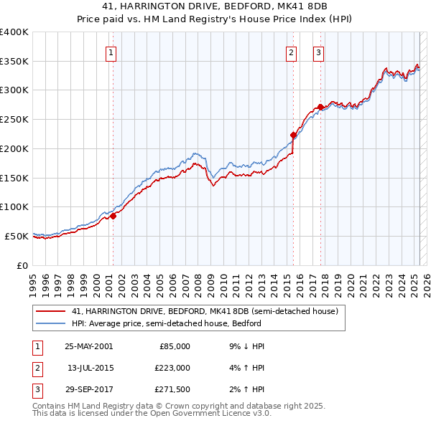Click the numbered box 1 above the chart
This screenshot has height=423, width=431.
pyautogui.click(x=113, y=52)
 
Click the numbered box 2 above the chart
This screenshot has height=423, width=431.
pyautogui.click(x=292, y=52)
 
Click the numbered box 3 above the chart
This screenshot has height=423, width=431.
pyautogui.click(x=318, y=52)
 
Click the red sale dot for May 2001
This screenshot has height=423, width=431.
pyautogui.click(x=113, y=216)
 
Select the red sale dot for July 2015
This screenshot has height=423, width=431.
pyautogui.click(x=293, y=135)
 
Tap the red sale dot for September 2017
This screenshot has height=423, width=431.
pyautogui.click(x=320, y=107)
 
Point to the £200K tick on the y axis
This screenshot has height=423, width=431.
pyautogui.click(x=14, y=148)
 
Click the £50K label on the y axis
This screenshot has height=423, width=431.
pyautogui.click(x=17, y=236)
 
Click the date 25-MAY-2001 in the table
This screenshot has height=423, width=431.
pyautogui.click(x=88, y=346)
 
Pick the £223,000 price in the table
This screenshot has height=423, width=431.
pyautogui.click(x=173, y=368)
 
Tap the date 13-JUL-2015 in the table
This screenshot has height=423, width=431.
pyautogui.click(x=90, y=368)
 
